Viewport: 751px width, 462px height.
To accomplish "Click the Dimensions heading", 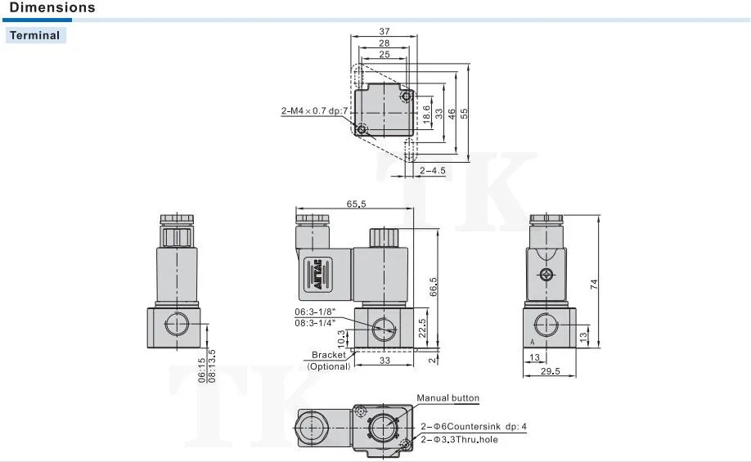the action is click(x=52, y=7).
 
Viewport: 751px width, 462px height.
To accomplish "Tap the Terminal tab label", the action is click(x=35, y=35).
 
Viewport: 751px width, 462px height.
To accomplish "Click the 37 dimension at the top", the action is click(x=384, y=31).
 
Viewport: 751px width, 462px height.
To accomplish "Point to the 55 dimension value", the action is click(x=464, y=114).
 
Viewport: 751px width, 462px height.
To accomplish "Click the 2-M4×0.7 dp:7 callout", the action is click(x=314, y=111).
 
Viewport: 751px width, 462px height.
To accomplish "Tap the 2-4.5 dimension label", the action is click(x=433, y=170).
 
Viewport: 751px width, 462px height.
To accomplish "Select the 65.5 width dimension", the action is click(x=356, y=204).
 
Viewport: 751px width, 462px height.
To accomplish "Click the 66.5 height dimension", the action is click(x=434, y=287).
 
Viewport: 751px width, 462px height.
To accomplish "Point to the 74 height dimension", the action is click(x=594, y=284).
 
